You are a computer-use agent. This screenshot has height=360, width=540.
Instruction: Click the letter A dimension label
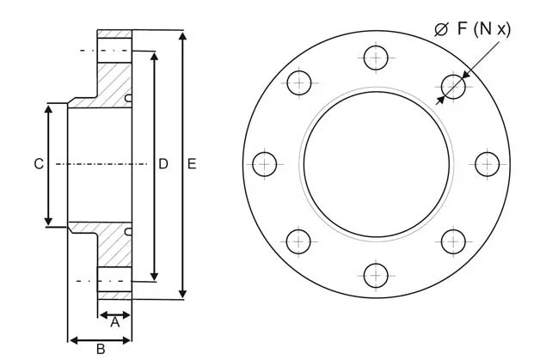pyautogui.click(x=114, y=322)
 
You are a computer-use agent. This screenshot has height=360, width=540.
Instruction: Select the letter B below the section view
pyautogui.click(x=100, y=349)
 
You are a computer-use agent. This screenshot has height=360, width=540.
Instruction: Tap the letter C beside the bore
pyautogui.click(x=38, y=163)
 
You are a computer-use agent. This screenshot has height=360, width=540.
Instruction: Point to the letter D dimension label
pyautogui.click(x=163, y=163)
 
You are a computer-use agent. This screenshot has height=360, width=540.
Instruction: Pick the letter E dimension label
pyautogui.click(x=192, y=163)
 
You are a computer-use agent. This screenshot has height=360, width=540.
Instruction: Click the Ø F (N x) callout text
pyautogui.click(x=473, y=29)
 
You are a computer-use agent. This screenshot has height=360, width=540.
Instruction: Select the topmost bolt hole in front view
pyautogui.click(x=376, y=58)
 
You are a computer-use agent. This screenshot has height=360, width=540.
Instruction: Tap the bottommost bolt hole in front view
pyautogui.click(x=376, y=275)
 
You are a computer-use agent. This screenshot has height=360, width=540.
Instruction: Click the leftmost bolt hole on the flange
pyautogui.click(x=265, y=163)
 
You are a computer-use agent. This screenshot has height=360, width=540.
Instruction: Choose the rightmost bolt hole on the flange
pyautogui.click(x=487, y=163)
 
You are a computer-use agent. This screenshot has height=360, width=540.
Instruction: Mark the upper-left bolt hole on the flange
pyautogui.click(x=298, y=83)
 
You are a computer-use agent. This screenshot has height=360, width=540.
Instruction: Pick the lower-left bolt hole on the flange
pyautogui.click(x=298, y=241)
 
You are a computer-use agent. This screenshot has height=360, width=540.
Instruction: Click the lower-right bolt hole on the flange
pyautogui.click(x=453, y=241)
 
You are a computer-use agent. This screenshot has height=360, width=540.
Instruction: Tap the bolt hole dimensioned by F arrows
pyautogui.click(x=453, y=85)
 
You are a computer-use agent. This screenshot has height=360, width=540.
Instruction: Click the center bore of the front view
pyautogui.click(x=376, y=163)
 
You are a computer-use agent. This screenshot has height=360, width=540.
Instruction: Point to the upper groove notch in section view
pyautogui.click(x=128, y=98)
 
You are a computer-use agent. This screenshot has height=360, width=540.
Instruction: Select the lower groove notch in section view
pyautogui.click(x=128, y=231)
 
